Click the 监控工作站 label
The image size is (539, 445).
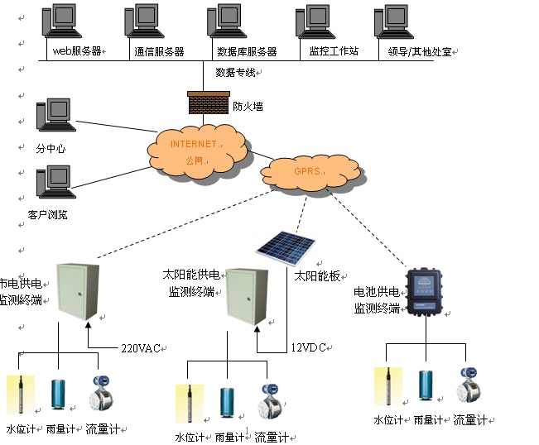coord(333,51)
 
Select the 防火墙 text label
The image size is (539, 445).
coord(248,106)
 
